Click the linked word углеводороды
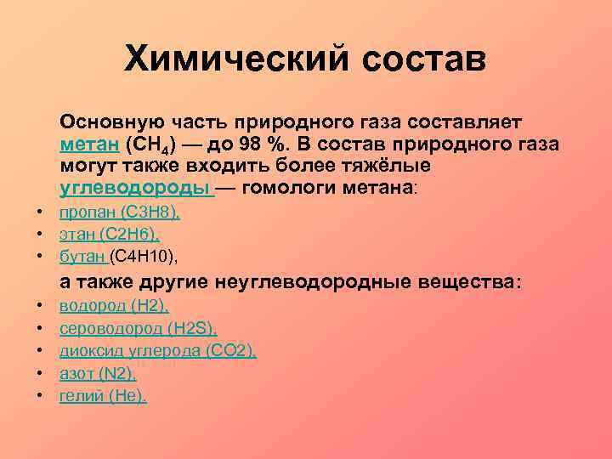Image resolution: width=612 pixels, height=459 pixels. [134, 187]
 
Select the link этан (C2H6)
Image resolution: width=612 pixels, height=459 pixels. [109, 235]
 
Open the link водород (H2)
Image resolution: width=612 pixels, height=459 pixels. [114, 305]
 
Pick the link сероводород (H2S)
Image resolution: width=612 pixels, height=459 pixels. [138, 328]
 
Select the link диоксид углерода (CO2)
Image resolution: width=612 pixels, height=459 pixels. [157, 350]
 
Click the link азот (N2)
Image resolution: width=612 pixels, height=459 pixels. [98, 373]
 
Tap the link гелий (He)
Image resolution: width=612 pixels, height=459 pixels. [102, 395]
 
